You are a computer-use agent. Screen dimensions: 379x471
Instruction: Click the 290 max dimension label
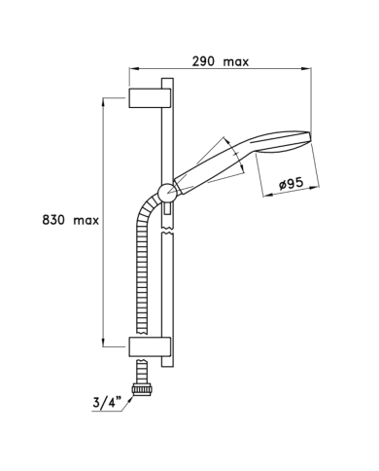[x=221, y=61]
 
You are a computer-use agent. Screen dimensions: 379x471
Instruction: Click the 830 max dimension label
[x=70, y=221]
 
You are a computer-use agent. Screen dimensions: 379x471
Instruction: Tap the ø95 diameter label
[x=292, y=184]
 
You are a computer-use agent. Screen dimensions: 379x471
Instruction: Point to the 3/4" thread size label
[x=107, y=403]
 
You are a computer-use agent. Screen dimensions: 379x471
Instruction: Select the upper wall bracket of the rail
[x=150, y=97]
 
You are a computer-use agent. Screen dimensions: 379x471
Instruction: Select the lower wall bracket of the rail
[x=150, y=347]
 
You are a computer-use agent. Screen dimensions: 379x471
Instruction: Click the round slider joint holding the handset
[x=168, y=193]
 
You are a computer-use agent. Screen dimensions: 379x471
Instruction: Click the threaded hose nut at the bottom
[x=142, y=389]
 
